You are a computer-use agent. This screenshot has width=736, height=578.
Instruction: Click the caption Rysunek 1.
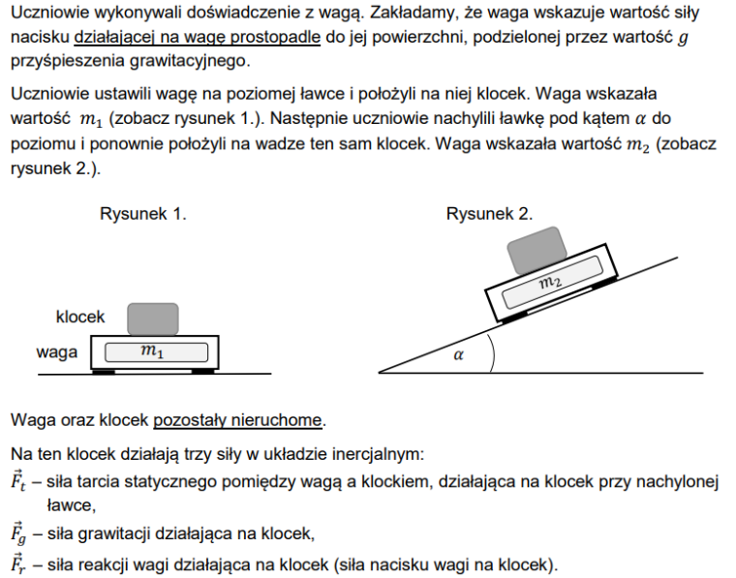pos(142,214)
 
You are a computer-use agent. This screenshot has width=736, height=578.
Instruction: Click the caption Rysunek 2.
pos(489,214)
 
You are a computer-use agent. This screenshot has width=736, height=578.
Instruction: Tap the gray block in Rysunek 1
pos(153,319)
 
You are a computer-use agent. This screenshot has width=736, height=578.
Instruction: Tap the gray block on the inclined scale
pos(535,250)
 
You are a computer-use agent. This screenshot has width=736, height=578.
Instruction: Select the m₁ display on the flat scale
pos(153,352)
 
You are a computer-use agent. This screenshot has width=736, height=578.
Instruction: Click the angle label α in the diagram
pos(458,355)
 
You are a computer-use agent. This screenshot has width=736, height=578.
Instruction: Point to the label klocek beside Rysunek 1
pos(80,317)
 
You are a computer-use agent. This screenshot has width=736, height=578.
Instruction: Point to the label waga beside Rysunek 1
pos(57,352)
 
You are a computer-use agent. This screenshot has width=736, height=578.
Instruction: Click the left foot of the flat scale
pos(104,370)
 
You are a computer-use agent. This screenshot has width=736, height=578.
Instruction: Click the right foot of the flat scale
pos(202,370)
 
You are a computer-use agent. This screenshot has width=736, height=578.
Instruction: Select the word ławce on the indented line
pos(70,504)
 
